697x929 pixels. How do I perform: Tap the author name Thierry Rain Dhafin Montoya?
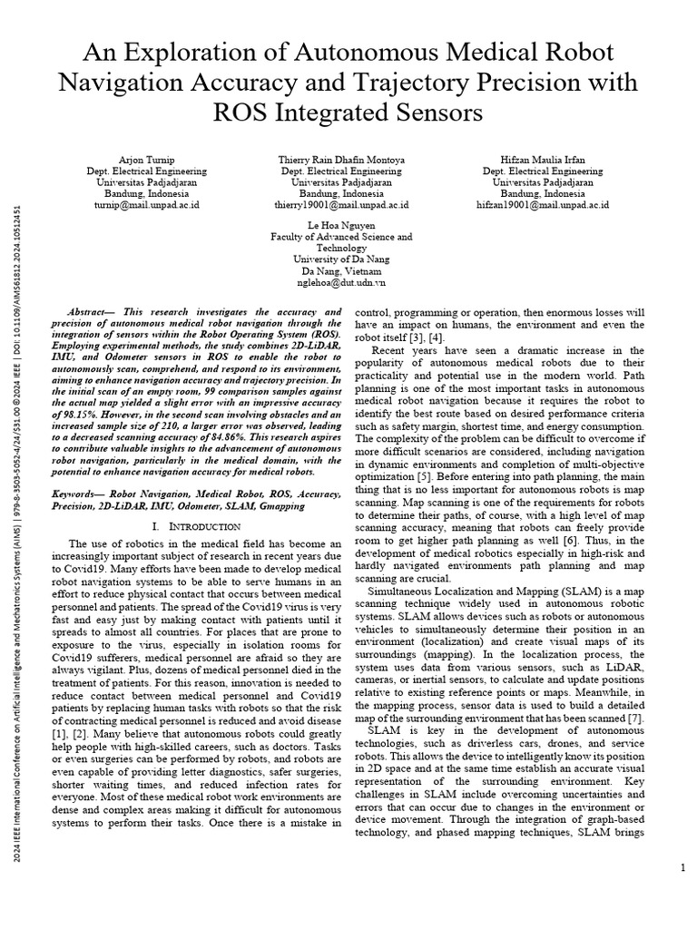(341, 159)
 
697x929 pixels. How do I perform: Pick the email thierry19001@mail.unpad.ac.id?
(341, 205)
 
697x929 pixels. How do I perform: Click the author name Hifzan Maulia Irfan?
(543, 159)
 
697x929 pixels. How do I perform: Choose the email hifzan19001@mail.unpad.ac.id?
(543, 205)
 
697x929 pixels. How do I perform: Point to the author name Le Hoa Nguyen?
(341, 224)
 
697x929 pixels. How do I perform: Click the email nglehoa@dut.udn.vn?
(341, 282)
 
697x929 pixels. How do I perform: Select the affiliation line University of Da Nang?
(341, 259)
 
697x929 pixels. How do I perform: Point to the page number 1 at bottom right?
(682, 868)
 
